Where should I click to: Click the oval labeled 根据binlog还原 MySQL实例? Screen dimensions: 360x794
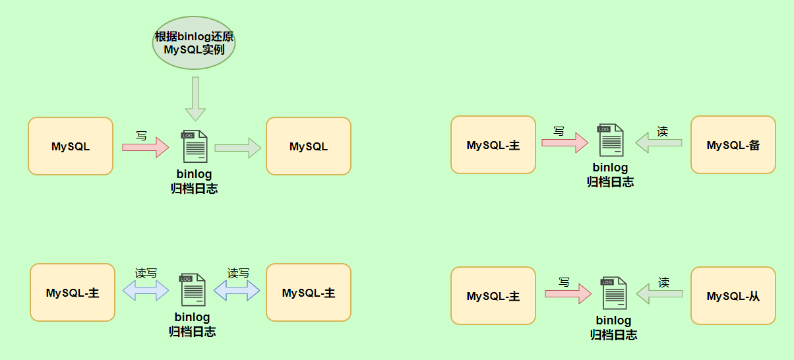click(x=194, y=43)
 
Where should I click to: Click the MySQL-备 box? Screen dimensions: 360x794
click(x=733, y=145)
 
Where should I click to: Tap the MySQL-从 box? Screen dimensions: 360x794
click(x=733, y=296)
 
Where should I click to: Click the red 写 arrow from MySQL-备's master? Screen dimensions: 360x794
click(x=565, y=142)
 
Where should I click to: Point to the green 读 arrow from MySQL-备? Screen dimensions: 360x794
click(x=658, y=142)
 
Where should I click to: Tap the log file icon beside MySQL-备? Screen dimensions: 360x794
click(x=610, y=140)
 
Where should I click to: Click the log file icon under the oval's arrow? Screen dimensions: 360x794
click(x=195, y=146)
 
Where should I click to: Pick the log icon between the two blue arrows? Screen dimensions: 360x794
click(x=193, y=290)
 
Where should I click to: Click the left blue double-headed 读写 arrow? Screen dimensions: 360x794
click(x=146, y=291)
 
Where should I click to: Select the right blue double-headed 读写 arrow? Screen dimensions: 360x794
click(x=237, y=291)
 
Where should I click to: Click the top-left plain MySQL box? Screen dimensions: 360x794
click(x=71, y=146)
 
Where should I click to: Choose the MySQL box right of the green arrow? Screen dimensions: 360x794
click(x=308, y=146)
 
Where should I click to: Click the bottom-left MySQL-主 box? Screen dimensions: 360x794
click(x=73, y=293)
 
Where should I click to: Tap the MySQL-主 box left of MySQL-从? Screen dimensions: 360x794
click(x=493, y=296)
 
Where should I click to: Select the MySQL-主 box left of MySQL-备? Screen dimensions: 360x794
click(x=493, y=145)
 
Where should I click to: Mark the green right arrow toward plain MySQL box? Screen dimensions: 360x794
click(x=237, y=148)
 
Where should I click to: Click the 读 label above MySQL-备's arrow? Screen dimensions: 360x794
click(x=663, y=132)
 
